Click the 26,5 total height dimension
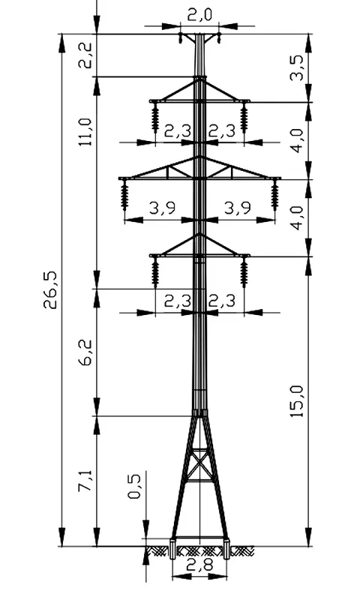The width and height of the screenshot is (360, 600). [50, 289]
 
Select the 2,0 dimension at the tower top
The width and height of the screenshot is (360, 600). [199, 15]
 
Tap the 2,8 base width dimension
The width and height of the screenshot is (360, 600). [199, 565]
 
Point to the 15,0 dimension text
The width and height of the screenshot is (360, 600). [297, 401]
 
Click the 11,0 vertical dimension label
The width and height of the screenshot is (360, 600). [85, 132]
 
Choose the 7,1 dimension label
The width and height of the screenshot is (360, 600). [85, 481]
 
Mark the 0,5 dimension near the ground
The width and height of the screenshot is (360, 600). [134, 486]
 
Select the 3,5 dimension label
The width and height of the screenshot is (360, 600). [297, 67]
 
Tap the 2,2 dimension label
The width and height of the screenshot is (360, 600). [85, 55]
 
